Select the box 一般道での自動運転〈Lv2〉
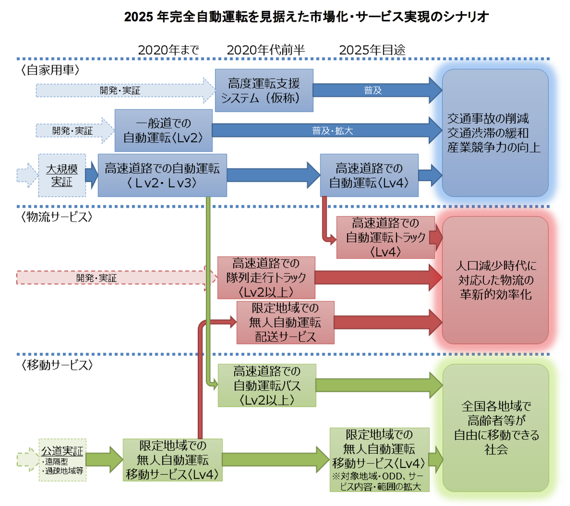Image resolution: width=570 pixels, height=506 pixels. tap(164, 130)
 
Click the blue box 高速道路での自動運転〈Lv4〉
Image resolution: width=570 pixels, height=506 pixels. tap(368, 175)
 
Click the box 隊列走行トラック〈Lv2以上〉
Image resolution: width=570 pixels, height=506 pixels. tap(266, 277)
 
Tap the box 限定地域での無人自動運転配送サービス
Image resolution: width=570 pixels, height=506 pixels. tap(286, 323)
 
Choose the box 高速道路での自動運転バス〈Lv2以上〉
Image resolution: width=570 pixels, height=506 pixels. tap(266, 385)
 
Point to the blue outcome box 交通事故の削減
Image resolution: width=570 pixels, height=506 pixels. tap(495, 133)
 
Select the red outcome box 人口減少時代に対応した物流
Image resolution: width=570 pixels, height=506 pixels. tap(495, 281)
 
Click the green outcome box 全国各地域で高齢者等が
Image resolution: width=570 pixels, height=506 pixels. tap(495, 428)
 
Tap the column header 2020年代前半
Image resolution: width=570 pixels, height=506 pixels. tap(265, 49)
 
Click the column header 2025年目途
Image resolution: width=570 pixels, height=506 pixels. tap(372, 49)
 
